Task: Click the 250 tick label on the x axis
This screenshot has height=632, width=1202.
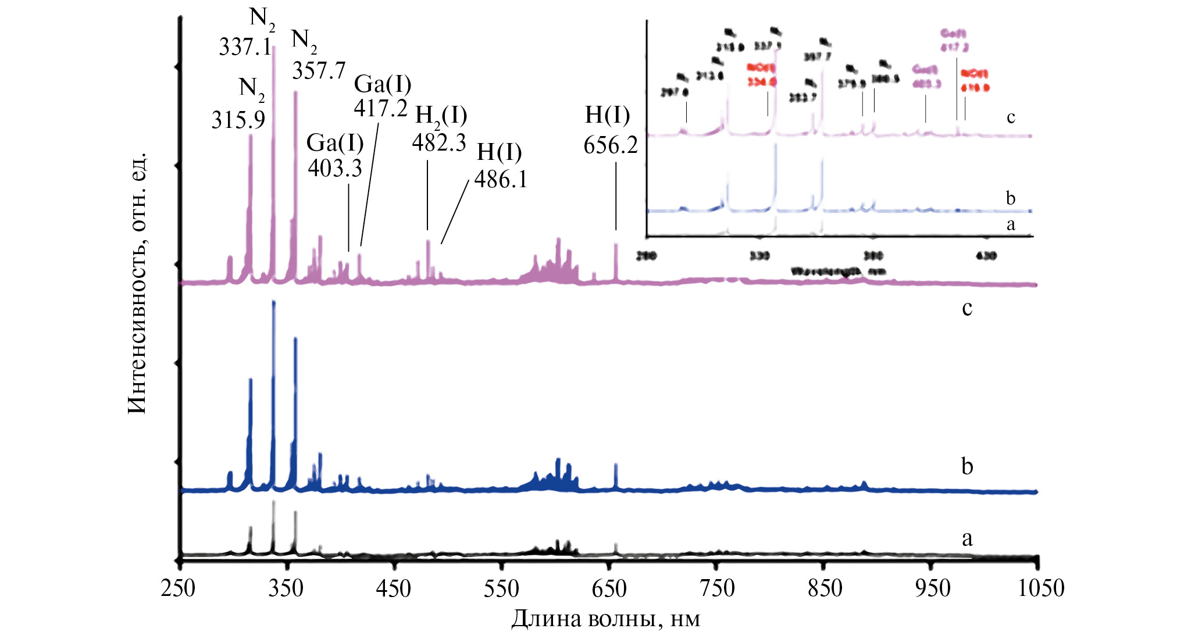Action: [x=179, y=589]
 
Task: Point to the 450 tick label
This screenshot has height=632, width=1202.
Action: [x=394, y=589]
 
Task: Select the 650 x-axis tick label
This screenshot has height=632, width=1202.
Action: [x=609, y=589]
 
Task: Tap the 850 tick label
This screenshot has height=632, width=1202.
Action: [x=825, y=589]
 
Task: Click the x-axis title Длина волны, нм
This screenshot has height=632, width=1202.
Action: [x=605, y=619]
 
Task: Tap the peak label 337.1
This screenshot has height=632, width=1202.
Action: [x=245, y=47]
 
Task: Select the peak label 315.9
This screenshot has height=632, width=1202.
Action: [x=238, y=120]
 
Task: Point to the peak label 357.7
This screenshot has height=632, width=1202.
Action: [x=319, y=71]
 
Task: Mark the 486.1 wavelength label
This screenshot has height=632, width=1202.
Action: [x=501, y=179]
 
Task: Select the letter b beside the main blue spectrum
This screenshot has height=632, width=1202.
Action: [x=967, y=466]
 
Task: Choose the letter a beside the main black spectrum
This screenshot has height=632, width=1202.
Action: [x=967, y=539]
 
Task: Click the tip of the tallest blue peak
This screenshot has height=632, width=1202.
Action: [x=273, y=302]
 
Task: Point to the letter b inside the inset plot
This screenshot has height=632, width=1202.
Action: [x=1011, y=198]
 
